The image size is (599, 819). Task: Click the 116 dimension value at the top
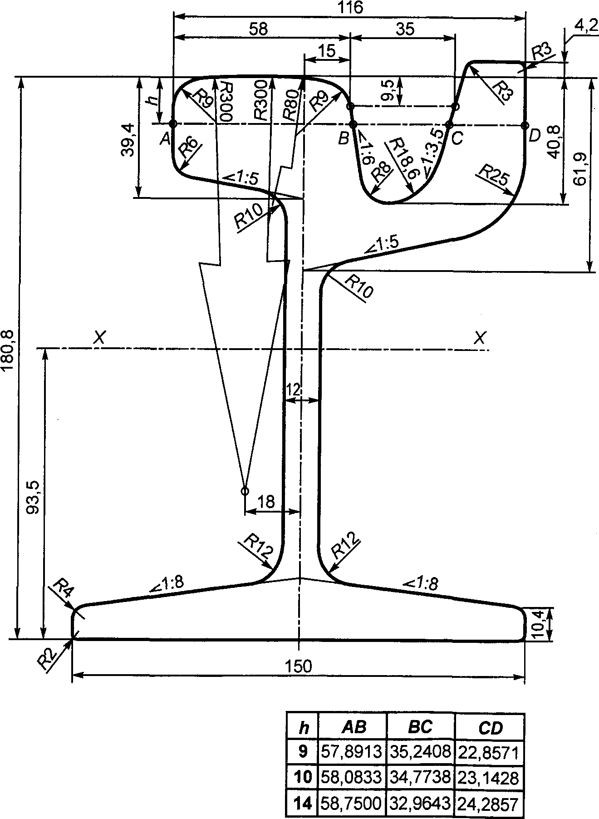point(351,8)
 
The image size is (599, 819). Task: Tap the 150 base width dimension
point(299,666)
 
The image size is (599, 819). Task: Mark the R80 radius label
point(291,104)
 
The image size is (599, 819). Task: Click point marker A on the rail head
point(173,123)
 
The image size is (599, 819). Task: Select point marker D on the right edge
point(525,125)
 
